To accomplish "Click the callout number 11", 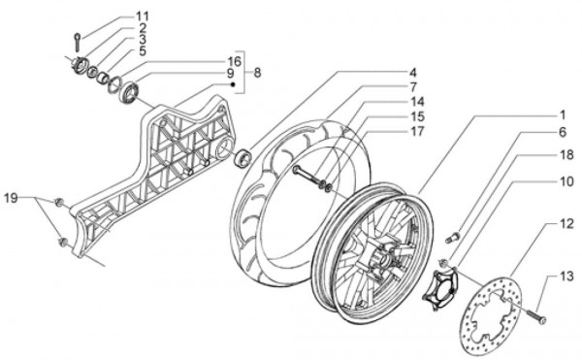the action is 142,16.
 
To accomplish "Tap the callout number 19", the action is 11,198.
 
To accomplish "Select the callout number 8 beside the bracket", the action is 257,73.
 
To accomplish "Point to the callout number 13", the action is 566,277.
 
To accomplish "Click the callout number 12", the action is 566,223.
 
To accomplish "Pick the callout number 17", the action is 417,131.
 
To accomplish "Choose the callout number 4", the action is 413,73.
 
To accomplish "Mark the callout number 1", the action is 562,115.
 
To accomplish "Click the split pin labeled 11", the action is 78,42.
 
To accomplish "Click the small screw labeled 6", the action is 452,237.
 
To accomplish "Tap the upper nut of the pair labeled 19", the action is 58,202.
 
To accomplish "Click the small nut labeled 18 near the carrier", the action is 443,263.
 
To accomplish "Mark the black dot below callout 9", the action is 233,84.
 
